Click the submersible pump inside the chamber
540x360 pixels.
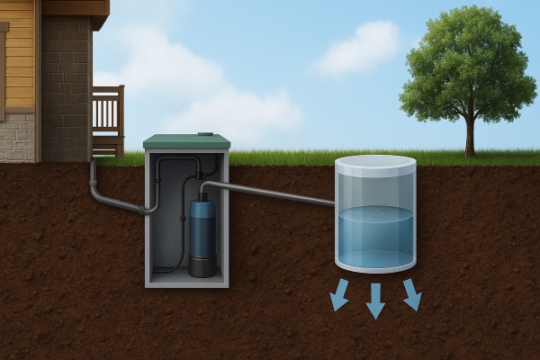(202, 237)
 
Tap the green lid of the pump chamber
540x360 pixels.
(186, 142)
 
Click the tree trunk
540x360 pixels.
(469, 135)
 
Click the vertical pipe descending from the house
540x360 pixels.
(93, 175)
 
